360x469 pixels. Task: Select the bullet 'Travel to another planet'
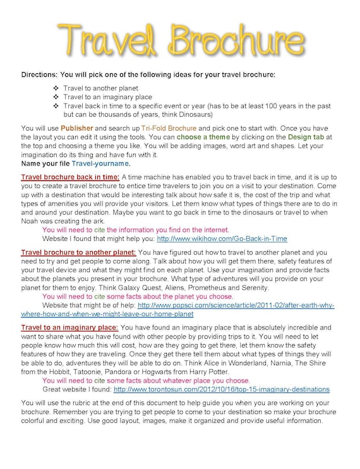(x=100, y=88)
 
